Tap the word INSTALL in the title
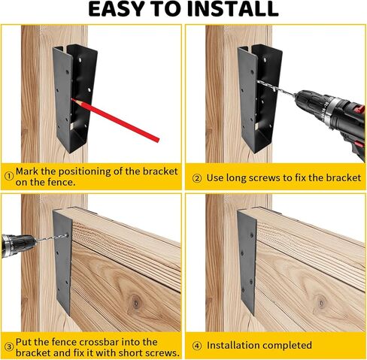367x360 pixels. (233, 9)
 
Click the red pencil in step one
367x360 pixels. (115, 120)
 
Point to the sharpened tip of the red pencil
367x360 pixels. (71, 99)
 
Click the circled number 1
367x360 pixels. (9, 176)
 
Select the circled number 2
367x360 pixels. (197, 178)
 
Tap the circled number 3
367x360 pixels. (9, 347)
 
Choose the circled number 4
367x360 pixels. (197, 346)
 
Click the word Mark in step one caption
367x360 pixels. (27, 171)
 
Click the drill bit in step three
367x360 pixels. (52, 238)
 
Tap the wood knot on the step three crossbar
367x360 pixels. (135, 304)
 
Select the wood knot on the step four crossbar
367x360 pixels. (321, 304)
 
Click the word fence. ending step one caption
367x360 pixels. (62, 183)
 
